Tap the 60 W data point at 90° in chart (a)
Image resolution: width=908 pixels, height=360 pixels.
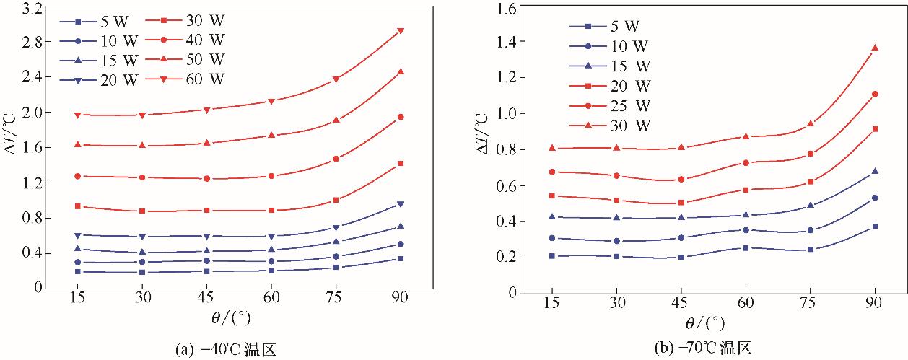(x=400, y=31)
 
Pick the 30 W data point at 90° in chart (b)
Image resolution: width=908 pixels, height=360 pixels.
(x=875, y=48)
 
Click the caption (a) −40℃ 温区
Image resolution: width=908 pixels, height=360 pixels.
(x=225, y=350)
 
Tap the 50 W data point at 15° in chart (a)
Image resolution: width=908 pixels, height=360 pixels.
(x=77, y=144)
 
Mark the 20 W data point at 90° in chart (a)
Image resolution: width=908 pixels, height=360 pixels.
(x=400, y=204)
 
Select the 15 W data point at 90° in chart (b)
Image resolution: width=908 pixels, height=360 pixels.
(x=875, y=172)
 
